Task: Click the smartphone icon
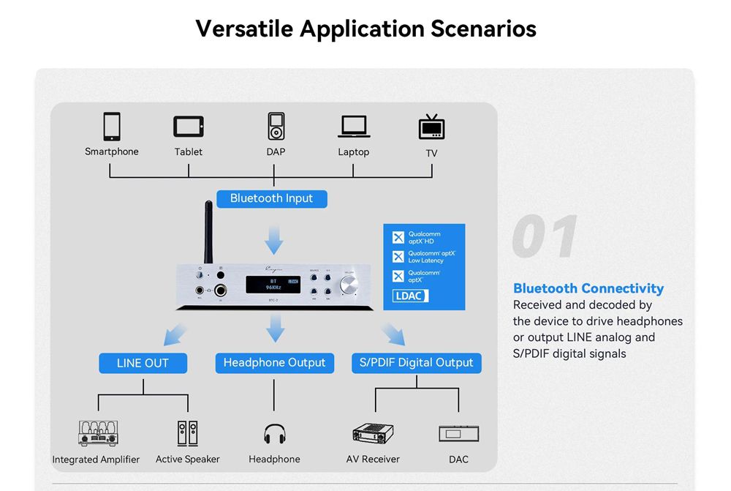pyautogui.click(x=111, y=126)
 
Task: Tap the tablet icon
pyautogui.click(x=189, y=127)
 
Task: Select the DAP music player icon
pyautogui.click(x=275, y=126)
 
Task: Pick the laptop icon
pyautogui.click(x=354, y=127)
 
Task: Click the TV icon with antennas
pyautogui.click(x=431, y=127)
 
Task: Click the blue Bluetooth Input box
pyautogui.click(x=271, y=198)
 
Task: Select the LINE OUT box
pyautogui.click(x=143, y=363)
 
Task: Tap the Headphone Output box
pyautogui.click(x=274, y=363)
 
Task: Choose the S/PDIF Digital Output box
pyautogui.click(x=417, y=363)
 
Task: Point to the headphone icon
pyautogui.click(x=274, y=434)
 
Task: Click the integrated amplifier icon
pyautogui.click(x=97, y=433)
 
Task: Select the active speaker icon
pyautogui.click(x=187, y=433)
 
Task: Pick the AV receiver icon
pyautogui.click(x=373, y=434)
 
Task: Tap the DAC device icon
pyautogui.click(x=458, y=433)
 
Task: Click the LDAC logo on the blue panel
pyautogui.click(x=411, y=296)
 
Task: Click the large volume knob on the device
pyautogui.click(x=349, y=285)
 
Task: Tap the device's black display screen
pyautogui.click(x=274, y=285)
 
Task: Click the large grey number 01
pyautogui.click(x=545, y=236)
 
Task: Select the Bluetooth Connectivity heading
pyautogui.click(x=588, y=288)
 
